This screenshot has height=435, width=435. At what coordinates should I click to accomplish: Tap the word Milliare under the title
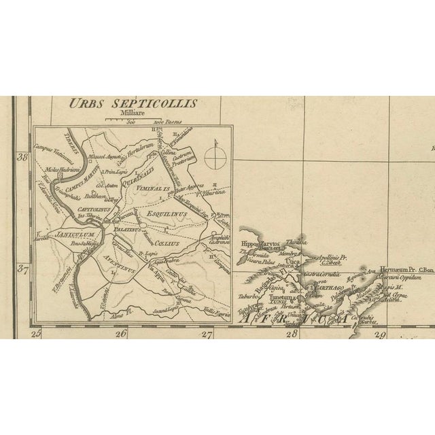coord(128,115)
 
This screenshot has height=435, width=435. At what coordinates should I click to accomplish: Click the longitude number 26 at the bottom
coord(121,333)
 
